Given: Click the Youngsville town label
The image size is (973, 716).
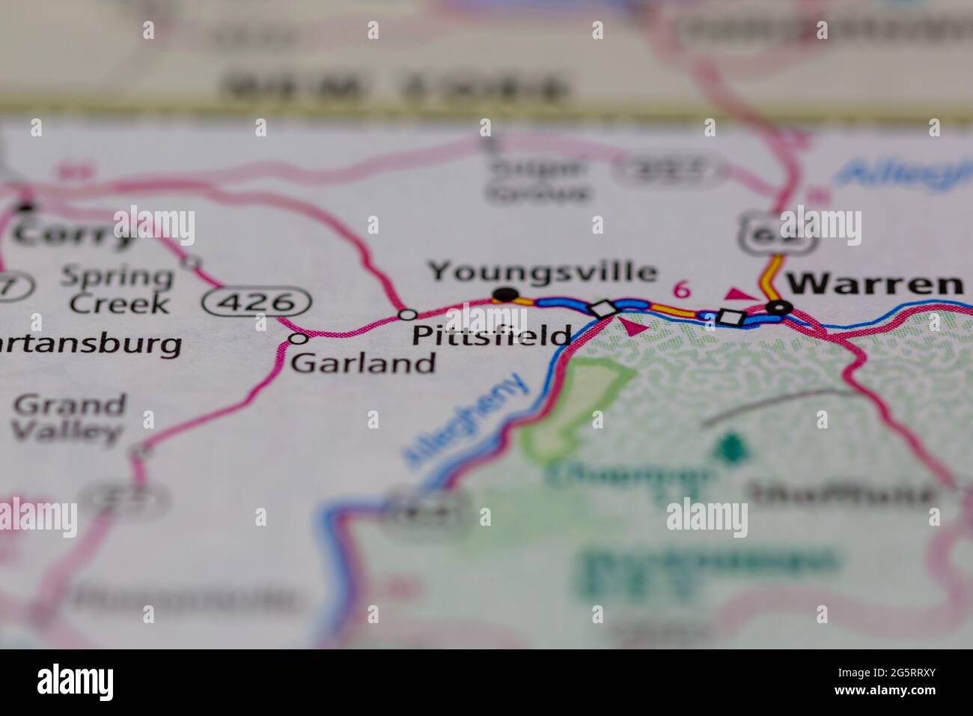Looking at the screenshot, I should point(543,271).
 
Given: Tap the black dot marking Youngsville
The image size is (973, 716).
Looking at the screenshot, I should point(507,294).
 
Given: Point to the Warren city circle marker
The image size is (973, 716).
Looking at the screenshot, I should point(781,306).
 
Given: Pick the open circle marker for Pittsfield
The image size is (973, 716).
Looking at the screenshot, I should point(408,314).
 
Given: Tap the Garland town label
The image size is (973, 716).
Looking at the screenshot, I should point(363,363).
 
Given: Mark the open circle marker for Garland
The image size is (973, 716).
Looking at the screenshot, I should point(298,339).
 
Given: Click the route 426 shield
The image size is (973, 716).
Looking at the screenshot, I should point(256,303).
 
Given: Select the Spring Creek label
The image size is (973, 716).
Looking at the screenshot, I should point(118,290).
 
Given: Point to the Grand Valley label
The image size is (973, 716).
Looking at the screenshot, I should point(69,417).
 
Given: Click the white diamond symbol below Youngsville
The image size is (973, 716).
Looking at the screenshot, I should point(604,309).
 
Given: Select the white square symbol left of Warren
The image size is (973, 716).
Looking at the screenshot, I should point(730,317).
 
